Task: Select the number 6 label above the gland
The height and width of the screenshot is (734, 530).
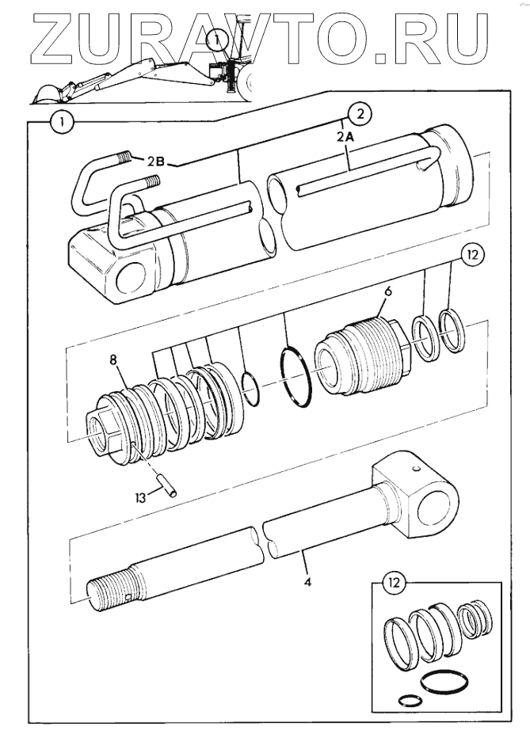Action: point(387,291)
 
